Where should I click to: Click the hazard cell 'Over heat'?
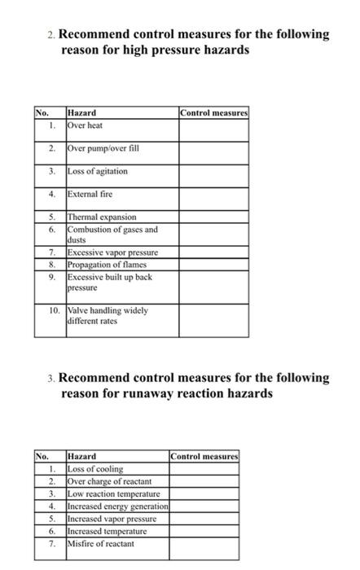(x=86, y=125)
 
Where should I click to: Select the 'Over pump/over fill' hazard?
(x=98, y=148)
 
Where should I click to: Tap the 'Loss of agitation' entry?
(x=98, y=171)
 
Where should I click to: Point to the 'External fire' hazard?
(x=90, y=195)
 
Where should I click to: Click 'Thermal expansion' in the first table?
(x=102, y=217)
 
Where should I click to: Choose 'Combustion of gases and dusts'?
(x=112, y=235)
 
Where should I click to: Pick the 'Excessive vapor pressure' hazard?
(x=112, y=253)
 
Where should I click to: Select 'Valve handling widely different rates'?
(x=108, y=315)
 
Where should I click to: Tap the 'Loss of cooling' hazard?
(x=95, y=469)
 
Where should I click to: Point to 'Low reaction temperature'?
(x=113, y=493)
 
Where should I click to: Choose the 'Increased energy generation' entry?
(x=116, y=506)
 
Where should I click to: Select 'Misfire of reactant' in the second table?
(x=100, y=543)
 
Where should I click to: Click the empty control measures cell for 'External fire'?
(x=213, y=195)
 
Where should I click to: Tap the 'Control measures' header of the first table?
(x=214, y=112)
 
